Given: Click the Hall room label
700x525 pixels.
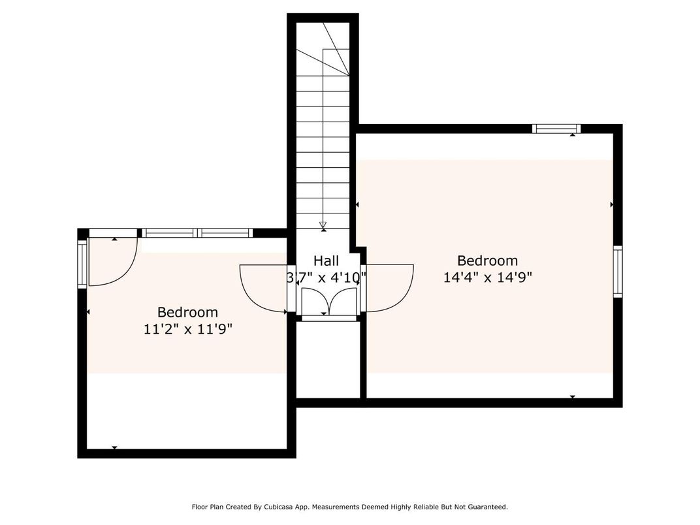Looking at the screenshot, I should (326, 261).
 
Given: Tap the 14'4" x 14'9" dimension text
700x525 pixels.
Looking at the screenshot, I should (488, 277).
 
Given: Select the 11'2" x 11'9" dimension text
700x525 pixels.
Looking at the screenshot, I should (188, 329).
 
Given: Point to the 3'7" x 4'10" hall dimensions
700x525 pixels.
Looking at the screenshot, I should (326, 278).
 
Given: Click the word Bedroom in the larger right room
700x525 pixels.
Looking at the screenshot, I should (487, 261).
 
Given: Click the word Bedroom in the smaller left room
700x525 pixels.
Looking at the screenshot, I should (187, 313).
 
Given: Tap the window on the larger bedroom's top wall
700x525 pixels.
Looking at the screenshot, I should (556, 129).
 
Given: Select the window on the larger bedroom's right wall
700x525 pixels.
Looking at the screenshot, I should (617, 271).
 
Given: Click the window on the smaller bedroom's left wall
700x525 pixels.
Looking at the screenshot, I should (82, 264).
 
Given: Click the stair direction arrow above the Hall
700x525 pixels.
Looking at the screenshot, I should (323, 226).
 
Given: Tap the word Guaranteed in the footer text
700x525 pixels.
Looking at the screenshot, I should (485, 507).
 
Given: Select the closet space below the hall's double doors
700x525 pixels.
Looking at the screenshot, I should (328, 359).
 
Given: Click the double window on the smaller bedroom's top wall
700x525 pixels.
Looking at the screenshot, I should (198, 232).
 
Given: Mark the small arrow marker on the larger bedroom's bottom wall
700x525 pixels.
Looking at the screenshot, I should (573, 396).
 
